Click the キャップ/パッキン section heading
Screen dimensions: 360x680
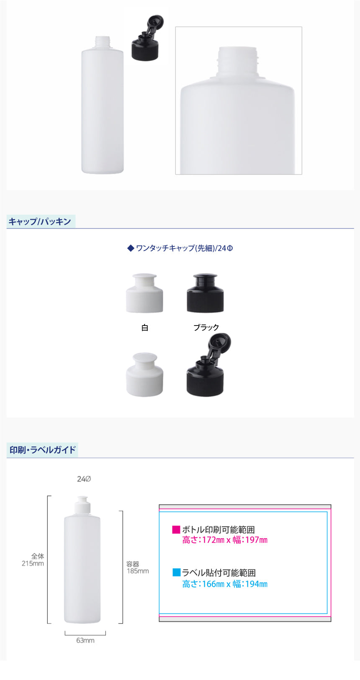pyautogui.click(x=40, y=222)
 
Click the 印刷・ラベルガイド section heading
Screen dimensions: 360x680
pyautogui.click(x=43, y=449)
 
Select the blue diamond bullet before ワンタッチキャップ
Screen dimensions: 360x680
pyautogui.click(x=131, y=248)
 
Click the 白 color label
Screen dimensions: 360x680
pyautogui.click(x=144, y=328)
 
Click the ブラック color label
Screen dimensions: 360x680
pyautogui.click(x=206, y=327)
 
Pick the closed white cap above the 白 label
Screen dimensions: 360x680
pyautogui.click(x=144, y=293)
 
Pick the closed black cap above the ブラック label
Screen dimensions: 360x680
pyautogui.click(x=206, y=293)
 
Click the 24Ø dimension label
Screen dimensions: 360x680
pyautogui.click(x=84, y=479)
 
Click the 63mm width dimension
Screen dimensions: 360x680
pyautogui.click(x=85, y=640)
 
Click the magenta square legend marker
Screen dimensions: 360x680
pyautogui.click(x=176, y=529)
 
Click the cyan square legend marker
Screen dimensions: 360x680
pyautogui.click(x=176, y=572)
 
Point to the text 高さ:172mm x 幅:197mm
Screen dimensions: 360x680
pyautogui.click(x=225, y=540)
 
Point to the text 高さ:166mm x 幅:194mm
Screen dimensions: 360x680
pyautogui.click(x=225, y=584)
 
